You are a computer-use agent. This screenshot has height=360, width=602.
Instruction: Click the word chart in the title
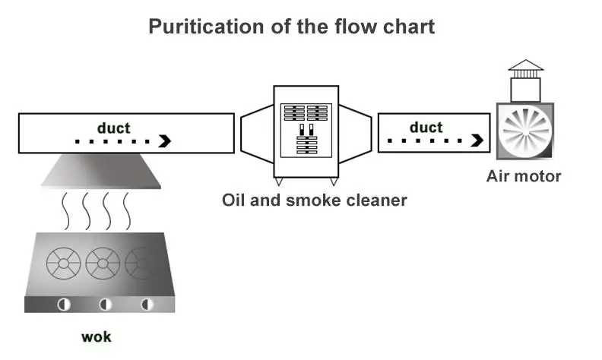pos(409,28)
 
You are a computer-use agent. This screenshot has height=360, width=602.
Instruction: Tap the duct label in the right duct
pos(426,128)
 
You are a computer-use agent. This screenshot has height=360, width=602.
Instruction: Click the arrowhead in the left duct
pos(164,141)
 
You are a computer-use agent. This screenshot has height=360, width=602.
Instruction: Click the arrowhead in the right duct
pos(477,141)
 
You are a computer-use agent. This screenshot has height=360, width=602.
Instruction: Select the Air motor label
pos(524,177)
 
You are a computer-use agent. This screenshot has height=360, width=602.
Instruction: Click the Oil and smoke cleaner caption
pos(314,201)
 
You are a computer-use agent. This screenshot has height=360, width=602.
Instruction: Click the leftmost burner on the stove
pos(63,264)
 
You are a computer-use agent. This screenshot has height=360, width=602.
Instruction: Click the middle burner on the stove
pos(103,264)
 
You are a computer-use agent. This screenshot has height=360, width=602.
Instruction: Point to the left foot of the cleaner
pos(280,182)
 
